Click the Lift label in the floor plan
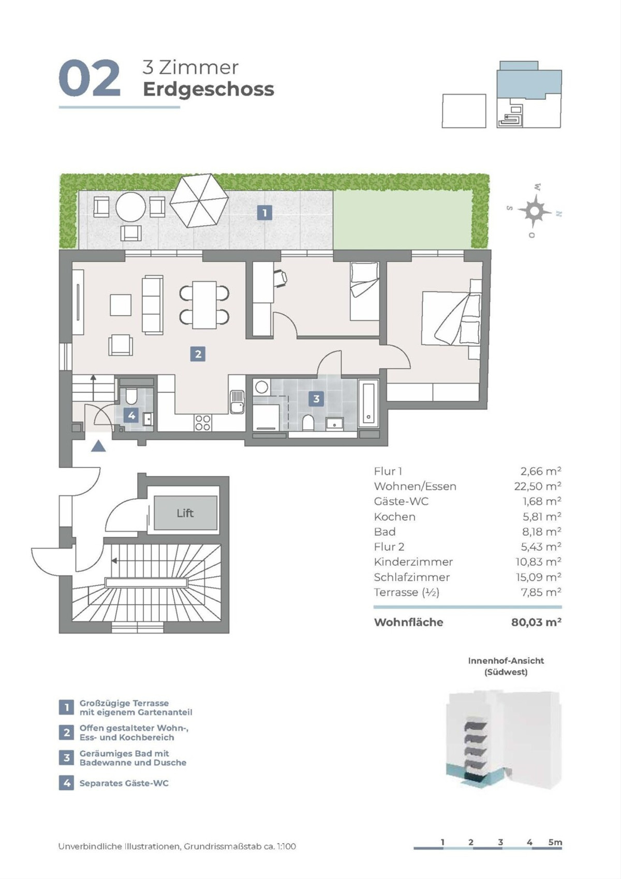tap(185, 513)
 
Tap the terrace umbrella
tap(199, 200)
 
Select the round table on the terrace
tap(130, 207)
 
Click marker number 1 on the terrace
tap(265, 213)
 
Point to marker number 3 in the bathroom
tap(316, 399)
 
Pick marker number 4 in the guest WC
tap(132, 415)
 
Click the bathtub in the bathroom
tap(369, 403)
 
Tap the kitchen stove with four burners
tap(203, 422)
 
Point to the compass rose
tap(534, 211)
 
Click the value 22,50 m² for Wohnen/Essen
tap(538, 486)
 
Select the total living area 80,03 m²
tap(536, 622)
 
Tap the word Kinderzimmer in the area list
tap(413, 562)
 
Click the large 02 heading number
tap(90, 78)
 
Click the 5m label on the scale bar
tap(555, 842)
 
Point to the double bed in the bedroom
tap(451, 318)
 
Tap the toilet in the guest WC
tap(130, 397)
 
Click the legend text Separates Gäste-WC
tap(124, 783)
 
